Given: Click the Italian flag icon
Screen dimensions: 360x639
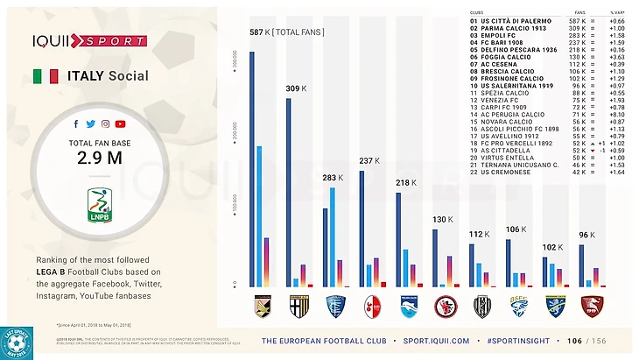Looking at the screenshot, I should [46, 76].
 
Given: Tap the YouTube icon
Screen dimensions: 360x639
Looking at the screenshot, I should [120, 124].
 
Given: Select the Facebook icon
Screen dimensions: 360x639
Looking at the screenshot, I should [76, 124].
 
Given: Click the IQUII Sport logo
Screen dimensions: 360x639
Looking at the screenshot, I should [89, 40].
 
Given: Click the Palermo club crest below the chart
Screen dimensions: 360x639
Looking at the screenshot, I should [263, 307].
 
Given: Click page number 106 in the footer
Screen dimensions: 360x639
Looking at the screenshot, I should [574, 341].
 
